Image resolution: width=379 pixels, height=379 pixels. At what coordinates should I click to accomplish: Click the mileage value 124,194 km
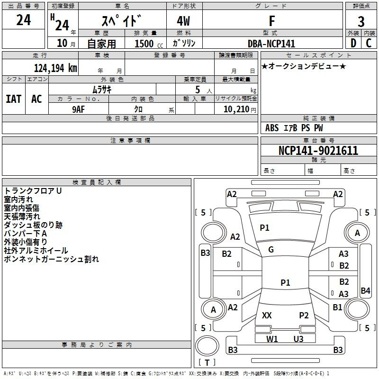pyautogui.click(x=55, y=68)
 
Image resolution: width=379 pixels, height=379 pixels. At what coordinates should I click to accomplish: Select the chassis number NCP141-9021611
pyautogui.click(x=318, y=151)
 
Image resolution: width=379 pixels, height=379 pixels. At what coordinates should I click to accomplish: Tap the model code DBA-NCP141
pyautogui.click(x=271, y=44)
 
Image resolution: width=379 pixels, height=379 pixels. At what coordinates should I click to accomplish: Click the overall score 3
pyautogui.click(x=361, y=21)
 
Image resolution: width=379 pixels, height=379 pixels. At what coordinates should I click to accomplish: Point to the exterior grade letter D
pyautogui.click(x=353, y=43)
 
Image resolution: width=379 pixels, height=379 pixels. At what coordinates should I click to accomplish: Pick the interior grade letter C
pyautogui.click(x=369, y=43)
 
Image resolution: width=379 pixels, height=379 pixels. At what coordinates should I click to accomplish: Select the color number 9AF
pyautogui.click(x=79, y=109)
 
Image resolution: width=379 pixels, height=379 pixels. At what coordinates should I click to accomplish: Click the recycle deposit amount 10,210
pyautogui.click(x=236, y=109)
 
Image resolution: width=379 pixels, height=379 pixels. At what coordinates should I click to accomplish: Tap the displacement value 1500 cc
pyautogui.click(x=149, y=44)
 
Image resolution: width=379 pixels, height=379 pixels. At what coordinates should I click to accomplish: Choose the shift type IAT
pyautogui.click(x=14, y=99)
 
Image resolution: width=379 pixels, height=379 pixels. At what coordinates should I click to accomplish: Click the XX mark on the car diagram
pyautogui.click(x=267, y=316)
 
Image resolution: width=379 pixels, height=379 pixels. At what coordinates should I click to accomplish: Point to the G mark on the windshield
pyautogui.click(x=271, y=250)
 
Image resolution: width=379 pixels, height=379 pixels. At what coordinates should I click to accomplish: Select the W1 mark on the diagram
pyautogui.click(x=272, y=339)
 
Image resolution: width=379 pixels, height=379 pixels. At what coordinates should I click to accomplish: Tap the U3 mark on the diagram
pyautogui.click(x=298, y=339)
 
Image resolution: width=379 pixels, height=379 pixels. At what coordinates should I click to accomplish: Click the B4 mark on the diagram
pyautogui.click(x=365, y=290)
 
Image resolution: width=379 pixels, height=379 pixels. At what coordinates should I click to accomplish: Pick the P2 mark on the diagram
pyautogui.click(x=304, y=316)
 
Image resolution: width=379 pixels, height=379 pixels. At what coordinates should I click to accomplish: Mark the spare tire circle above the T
pyautogui.click(x=207, y=346)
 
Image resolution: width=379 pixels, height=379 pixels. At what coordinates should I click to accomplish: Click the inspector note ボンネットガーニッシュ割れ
pyautogui.click(x=52, y=259)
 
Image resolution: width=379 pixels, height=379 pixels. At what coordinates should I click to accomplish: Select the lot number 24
pyautogui.click(x=23, y=20)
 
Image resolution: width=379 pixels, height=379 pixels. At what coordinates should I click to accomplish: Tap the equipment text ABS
pyautogui.click(x=272, y=128)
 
